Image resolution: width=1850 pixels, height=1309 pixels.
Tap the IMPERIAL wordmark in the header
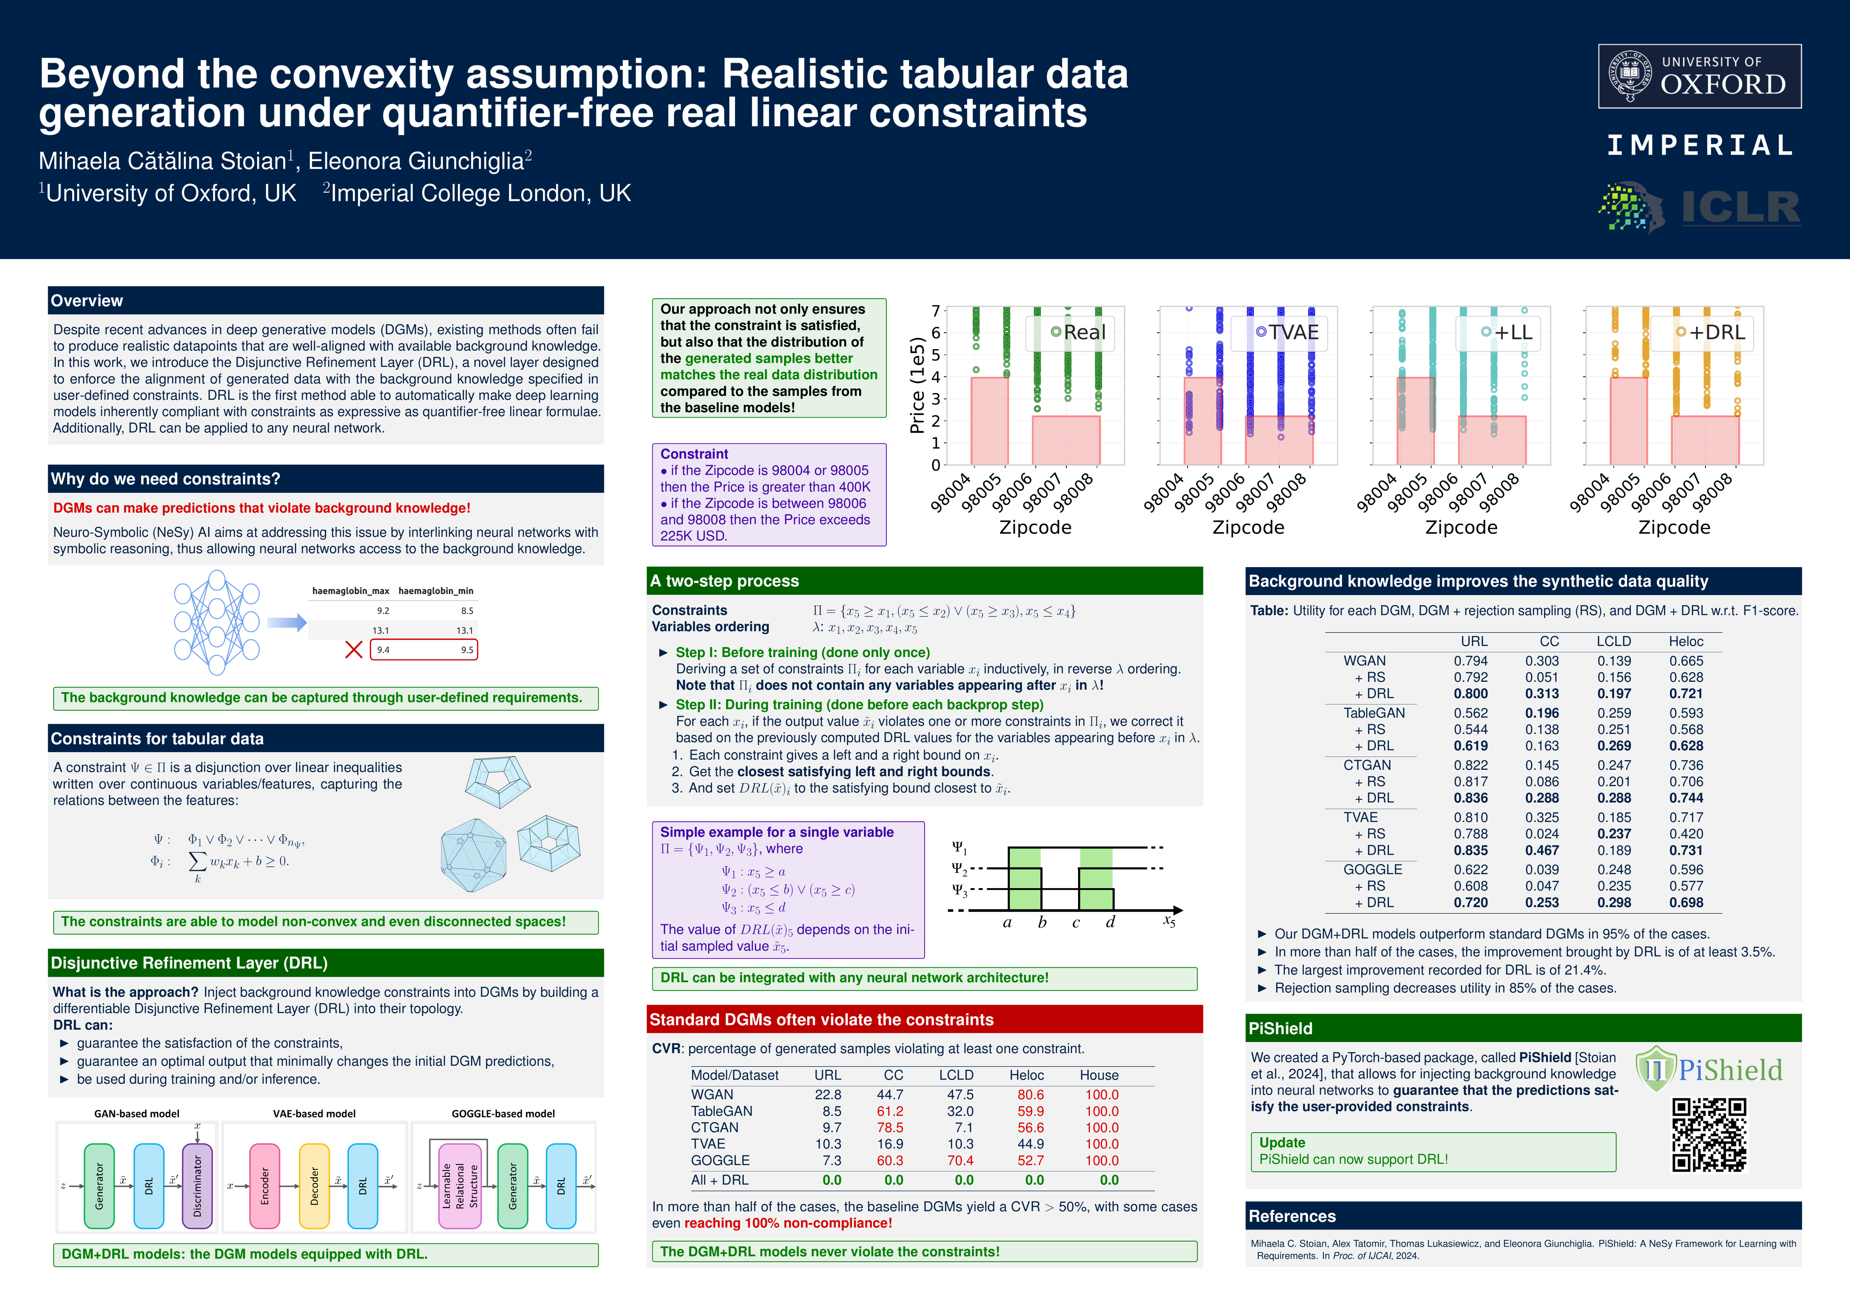click(x=1700, y=146)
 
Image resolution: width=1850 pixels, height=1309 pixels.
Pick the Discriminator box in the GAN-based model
click(x=198, y=1186)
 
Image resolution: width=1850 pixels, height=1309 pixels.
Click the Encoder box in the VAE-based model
click(x=265, y=1186)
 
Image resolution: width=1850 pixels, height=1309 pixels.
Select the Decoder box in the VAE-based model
click(x=314, y=1186)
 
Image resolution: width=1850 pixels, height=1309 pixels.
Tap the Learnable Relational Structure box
click(x=460, y=1186)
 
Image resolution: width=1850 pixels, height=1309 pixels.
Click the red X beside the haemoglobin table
click(x=353, y=650)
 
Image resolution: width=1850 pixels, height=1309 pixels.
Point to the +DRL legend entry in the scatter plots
click(x=1710, y=332)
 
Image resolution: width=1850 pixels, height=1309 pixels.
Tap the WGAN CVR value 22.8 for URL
click(x=827, y=1094)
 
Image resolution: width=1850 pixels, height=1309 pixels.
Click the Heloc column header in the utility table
click(x=1686, y=642)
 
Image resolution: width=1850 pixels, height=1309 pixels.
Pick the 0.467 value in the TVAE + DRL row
click(x=1542, y=850)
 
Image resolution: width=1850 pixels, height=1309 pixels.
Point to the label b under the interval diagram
click(x=1042, y=922)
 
